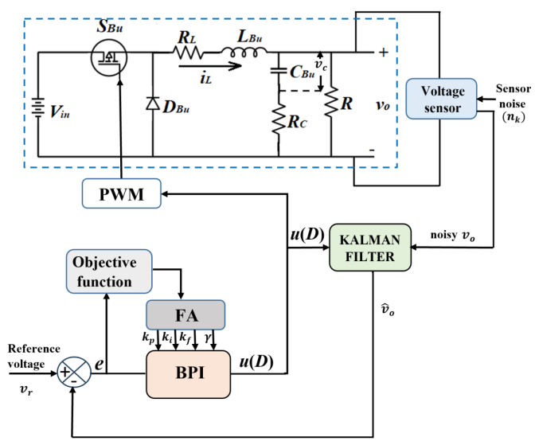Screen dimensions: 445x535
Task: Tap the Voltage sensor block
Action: pos(440,98)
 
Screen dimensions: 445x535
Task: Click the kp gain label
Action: pos(148,339)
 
